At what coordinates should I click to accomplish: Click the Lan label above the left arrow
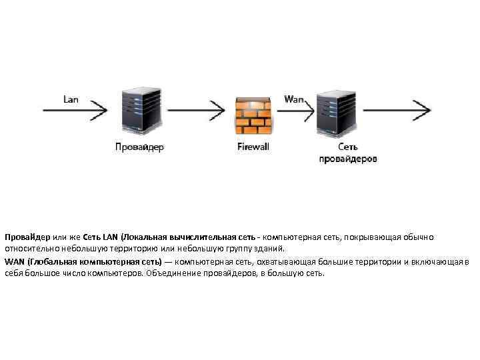pos(71,99)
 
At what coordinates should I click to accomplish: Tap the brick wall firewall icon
pos(253,117)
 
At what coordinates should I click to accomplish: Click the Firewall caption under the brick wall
pos(253,147)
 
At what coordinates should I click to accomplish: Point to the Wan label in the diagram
pos(293,99)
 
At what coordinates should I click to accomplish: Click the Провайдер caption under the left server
pos(139,147)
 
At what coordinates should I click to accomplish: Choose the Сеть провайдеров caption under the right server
pos(347,153)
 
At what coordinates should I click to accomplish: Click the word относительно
pos(27,248)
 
